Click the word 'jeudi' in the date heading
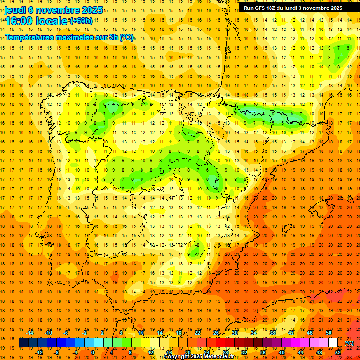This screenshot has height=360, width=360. click(15, 10)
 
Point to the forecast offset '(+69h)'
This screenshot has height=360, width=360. click(81, 21)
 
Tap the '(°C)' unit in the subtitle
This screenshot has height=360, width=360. click(127, 37)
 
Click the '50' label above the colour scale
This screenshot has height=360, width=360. click(328, 333)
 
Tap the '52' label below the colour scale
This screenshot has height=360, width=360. click(338, 352)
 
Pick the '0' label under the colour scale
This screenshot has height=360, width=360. click(93, 352)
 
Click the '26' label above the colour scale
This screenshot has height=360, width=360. click(216, 333)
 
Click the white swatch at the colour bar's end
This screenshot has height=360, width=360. click(333, 343)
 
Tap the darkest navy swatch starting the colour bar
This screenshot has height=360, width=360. click(23, 343)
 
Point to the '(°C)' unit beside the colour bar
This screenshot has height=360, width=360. click(349, 343)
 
